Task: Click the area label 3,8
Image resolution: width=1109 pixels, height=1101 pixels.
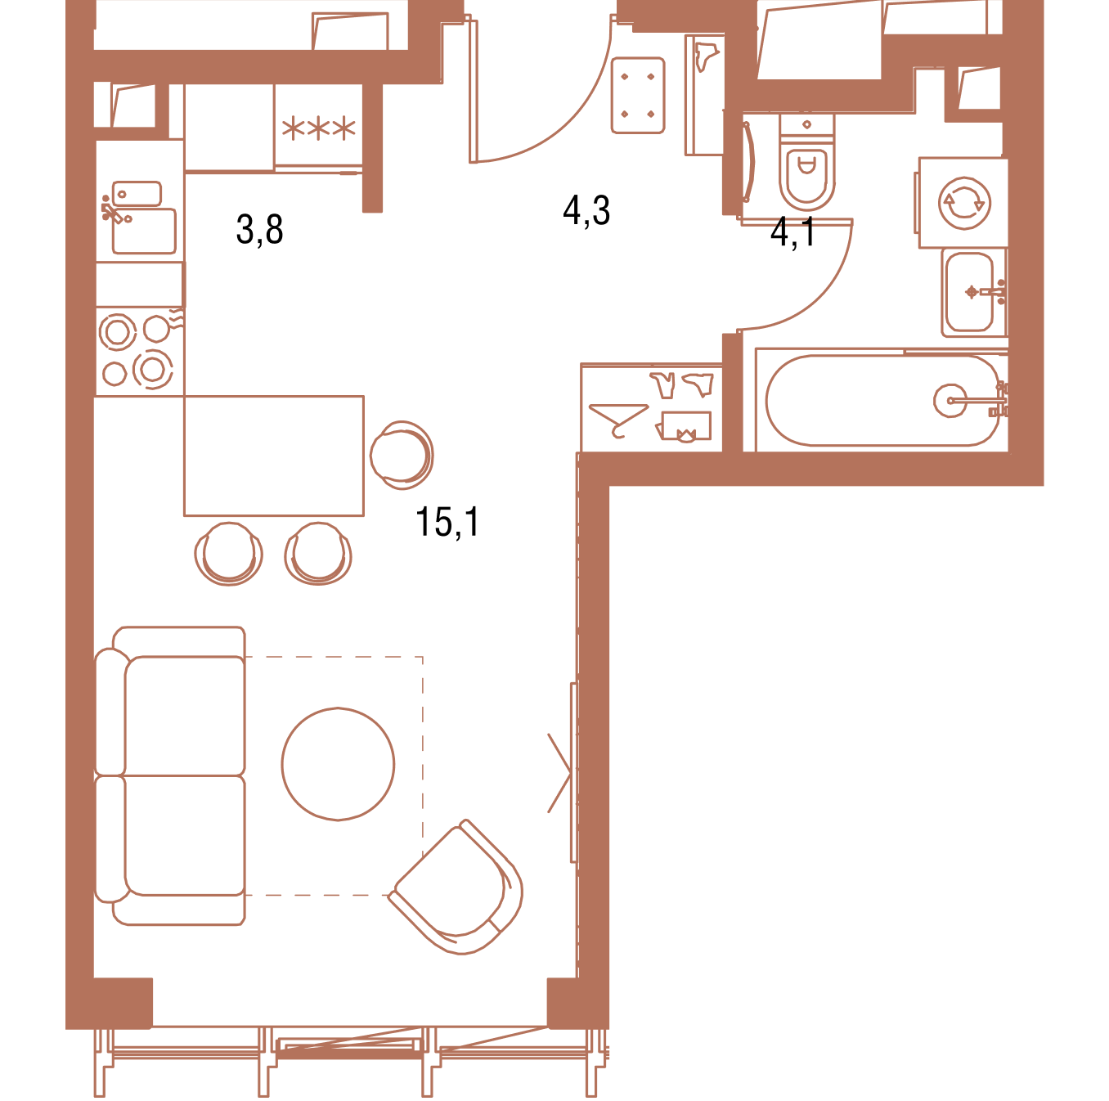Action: (x=259, y=229)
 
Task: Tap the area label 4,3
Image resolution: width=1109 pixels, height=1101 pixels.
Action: (x=586, y=211)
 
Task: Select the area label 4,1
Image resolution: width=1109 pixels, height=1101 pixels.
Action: (x=793, y=232)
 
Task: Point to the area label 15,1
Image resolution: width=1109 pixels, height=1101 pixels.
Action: (x=447, y=522)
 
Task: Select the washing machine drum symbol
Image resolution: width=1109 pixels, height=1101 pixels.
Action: (x=964, y=203)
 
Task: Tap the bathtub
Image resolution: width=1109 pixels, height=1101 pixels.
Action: (x=882, y=400)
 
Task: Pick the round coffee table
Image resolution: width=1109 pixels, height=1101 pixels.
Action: (x=338, y=763)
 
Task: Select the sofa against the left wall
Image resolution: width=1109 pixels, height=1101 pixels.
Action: (x=170, y=775)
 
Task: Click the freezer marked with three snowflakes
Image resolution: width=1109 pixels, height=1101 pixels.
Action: (x=318, y=126)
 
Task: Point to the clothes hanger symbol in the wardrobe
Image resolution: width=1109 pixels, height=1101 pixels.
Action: (x=618, y=419)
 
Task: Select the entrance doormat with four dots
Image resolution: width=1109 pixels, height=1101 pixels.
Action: (x=638, y=95)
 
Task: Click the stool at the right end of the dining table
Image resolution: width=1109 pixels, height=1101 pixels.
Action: (x=402, y=455)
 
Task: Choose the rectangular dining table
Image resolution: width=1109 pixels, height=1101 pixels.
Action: (x=274, y=456)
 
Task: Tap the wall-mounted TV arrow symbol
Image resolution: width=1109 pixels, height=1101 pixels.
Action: (x=559, y=773)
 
